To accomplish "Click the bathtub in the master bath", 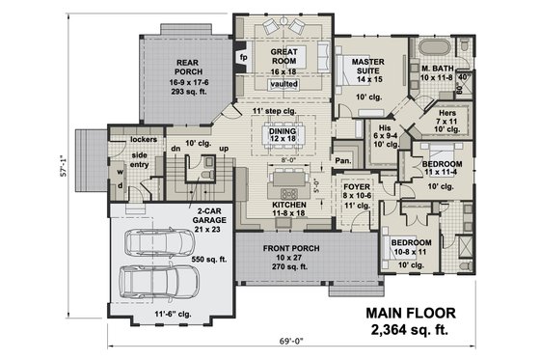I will tap(435, 45).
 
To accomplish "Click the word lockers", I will tap(143, 139).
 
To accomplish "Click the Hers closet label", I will tap(445, 112).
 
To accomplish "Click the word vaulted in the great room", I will tap(283, 85).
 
